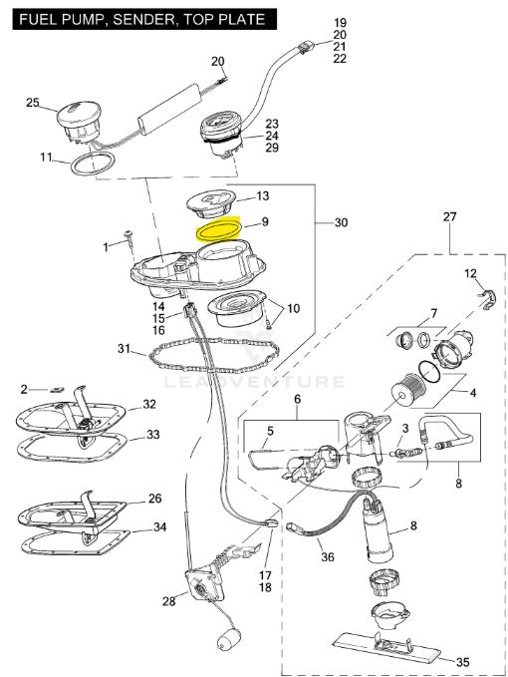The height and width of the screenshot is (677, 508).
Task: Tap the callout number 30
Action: (341, 222)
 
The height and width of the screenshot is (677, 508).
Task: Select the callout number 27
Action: (449, 216)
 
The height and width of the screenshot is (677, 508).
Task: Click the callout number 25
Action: (33, 103)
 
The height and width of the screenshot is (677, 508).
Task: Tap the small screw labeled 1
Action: (128, 238)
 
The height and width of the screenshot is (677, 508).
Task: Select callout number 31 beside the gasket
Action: (124, 348)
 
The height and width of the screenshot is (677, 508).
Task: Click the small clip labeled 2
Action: (55, 389)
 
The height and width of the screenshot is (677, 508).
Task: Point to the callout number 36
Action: (328, 557)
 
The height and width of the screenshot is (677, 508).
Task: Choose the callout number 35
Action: (462, 662)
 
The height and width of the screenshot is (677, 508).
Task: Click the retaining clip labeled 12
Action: (488, 300)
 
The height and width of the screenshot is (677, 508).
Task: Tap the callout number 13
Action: (263, 196)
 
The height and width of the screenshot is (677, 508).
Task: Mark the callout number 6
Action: (298, 400)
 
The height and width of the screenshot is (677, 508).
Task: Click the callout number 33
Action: (153, 435)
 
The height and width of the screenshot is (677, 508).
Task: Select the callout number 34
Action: (159, 526)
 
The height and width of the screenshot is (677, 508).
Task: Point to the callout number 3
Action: (405, 429)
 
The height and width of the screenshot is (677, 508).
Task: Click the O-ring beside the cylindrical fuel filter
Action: (429, 371)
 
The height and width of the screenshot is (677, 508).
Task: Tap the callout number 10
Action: (293, 309)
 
